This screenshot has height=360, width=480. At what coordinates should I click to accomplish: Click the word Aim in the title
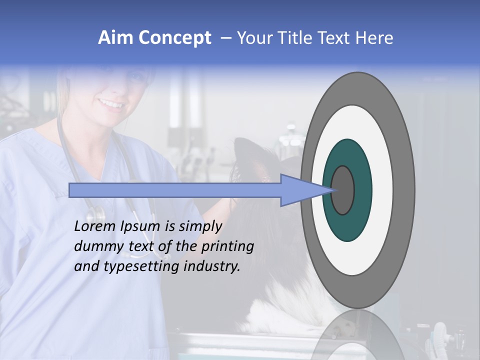point(115,38)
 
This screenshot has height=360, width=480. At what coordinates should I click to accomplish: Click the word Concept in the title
point(174,38)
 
